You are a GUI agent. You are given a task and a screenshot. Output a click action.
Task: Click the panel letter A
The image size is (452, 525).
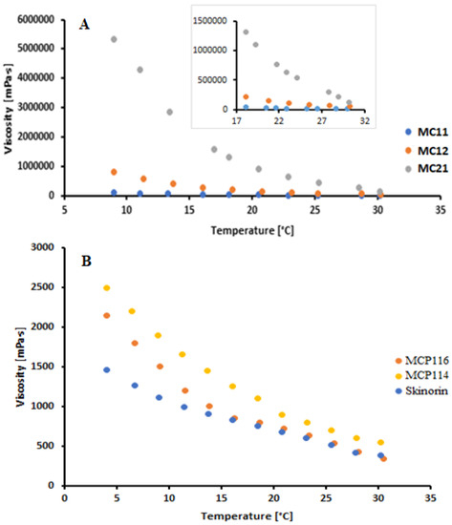coord(85,26)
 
